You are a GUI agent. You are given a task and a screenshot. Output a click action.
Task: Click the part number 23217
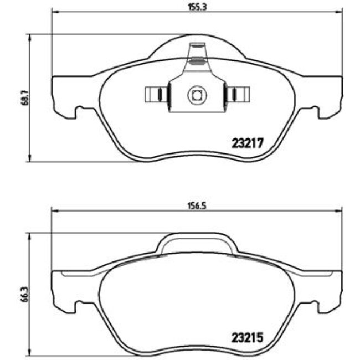pyautogui.click(x=245, y=142)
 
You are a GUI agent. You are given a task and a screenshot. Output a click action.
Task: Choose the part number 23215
pyautogui.click(x=245, y=337)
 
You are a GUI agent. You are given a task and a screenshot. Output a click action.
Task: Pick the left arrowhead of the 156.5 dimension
pyautogui.click(x=54, y=209)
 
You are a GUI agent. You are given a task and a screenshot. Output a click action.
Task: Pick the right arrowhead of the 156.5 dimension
pyautogui.click(x=340, y=209)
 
